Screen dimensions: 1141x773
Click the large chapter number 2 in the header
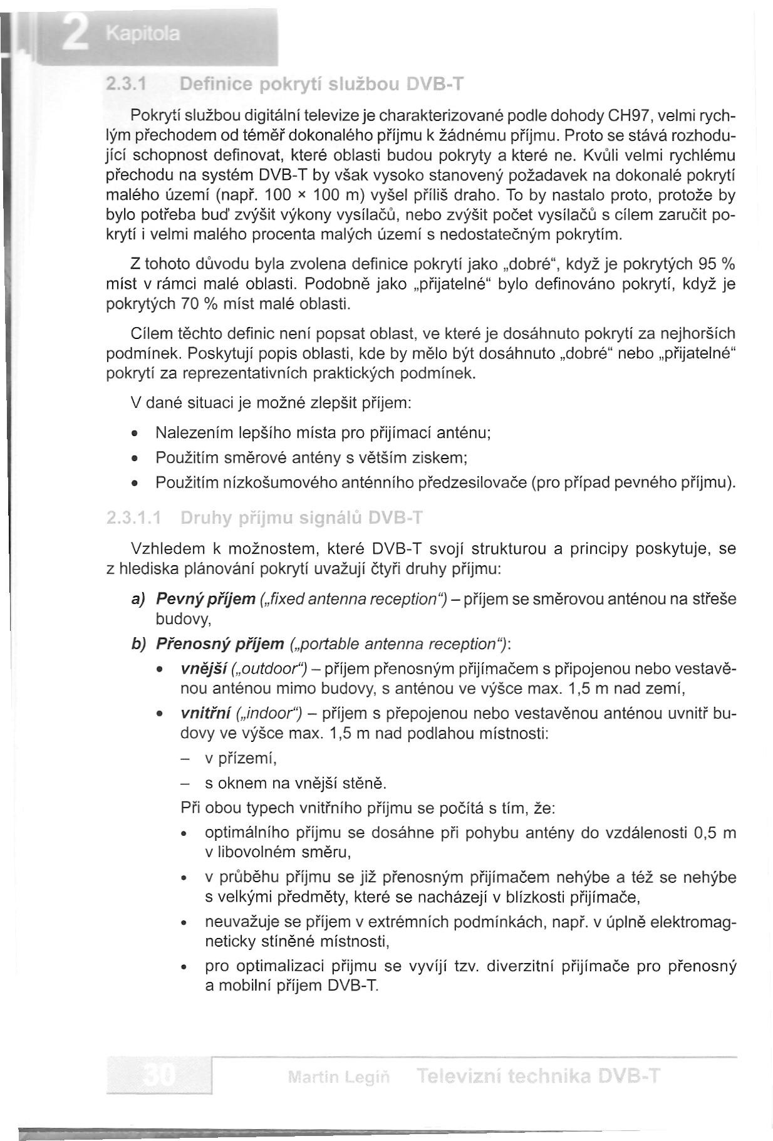click(x=75, y=32)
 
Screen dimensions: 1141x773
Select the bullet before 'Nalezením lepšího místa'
click(x=135, y=434)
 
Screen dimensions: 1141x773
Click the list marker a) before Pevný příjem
click(x=138, y=600)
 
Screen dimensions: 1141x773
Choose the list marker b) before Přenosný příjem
click(x=138, y=644)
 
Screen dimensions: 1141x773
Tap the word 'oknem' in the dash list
click(x=244, y=783)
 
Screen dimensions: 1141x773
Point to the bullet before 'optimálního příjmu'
click(x=184, y=834)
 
